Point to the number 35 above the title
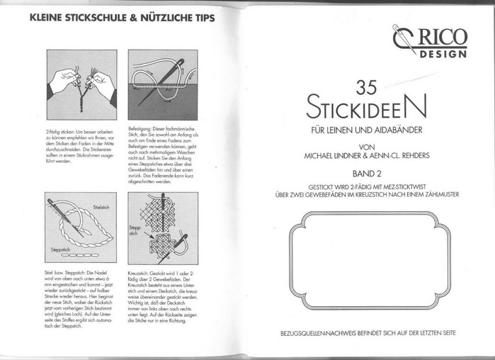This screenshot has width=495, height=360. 367,88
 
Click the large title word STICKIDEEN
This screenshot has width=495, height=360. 367,109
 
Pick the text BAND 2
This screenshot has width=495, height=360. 367,172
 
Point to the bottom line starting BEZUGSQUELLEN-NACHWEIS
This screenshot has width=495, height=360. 367,332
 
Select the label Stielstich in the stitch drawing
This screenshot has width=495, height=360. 99,206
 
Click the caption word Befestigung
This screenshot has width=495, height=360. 141,116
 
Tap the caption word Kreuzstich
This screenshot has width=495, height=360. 140,272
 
